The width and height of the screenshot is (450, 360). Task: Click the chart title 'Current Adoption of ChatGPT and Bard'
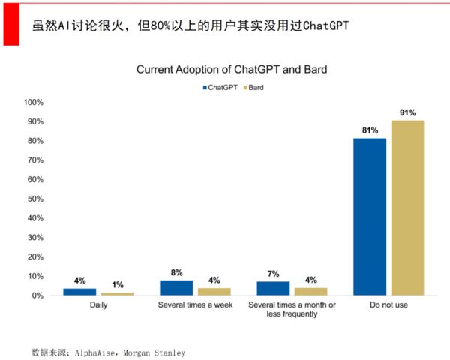(232, 70)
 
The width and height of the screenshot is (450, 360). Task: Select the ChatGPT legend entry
(220, 88)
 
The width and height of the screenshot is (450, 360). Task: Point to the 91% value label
(408, 113)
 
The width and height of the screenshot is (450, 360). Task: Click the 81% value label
(370, 130)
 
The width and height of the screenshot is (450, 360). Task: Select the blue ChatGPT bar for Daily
(79, 291)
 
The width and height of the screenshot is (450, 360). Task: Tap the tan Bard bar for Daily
(117, 293)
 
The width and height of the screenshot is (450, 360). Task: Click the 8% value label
(176, 273)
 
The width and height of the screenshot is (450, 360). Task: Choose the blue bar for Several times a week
(176, 287)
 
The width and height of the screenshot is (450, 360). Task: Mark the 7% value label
(273, 274)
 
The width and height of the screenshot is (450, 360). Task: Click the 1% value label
(117, 285)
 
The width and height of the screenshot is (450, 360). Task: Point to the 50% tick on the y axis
(34, 199)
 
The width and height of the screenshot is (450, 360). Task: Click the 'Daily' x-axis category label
(97, 306)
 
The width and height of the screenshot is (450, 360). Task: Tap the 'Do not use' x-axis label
(388, 306)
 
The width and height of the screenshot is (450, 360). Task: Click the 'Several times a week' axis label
(194, 306)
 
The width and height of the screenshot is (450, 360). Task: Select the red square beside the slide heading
(10, 23)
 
